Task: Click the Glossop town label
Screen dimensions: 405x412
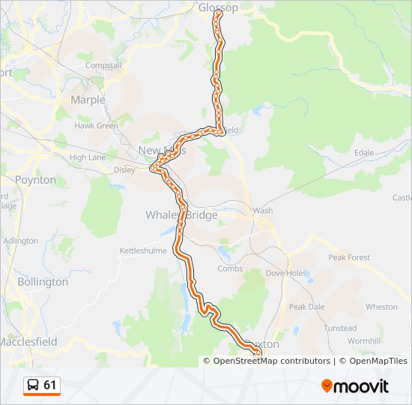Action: (x=218, y=7)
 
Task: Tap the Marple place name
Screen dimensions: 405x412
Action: (x=88, y=100)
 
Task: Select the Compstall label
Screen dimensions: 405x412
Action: (x=103, y=66)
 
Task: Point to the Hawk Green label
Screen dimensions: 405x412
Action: (x=96, y=126)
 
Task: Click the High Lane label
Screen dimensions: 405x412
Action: (x=87, y=157)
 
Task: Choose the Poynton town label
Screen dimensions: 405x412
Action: (x=35, y=180)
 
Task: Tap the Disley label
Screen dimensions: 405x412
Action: (x=124, y=169)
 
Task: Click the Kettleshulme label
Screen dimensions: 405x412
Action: (x=145, y=250)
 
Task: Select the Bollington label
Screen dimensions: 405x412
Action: (x=43, y=282)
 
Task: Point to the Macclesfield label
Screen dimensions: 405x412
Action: (x=28, y=341)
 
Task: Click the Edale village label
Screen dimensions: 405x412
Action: (x=364, y=152)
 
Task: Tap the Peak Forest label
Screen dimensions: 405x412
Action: (x=349, y=257)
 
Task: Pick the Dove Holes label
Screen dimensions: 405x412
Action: (x=286, y=273)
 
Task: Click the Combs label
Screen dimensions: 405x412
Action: (x=229, y=268)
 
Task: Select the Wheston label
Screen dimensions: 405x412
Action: (x=381, y=307)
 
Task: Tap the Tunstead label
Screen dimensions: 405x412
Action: (x=340, y=328)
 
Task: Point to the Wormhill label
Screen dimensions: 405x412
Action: (x=365, y=341)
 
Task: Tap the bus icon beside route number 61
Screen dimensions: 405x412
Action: (x=34, y=385)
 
